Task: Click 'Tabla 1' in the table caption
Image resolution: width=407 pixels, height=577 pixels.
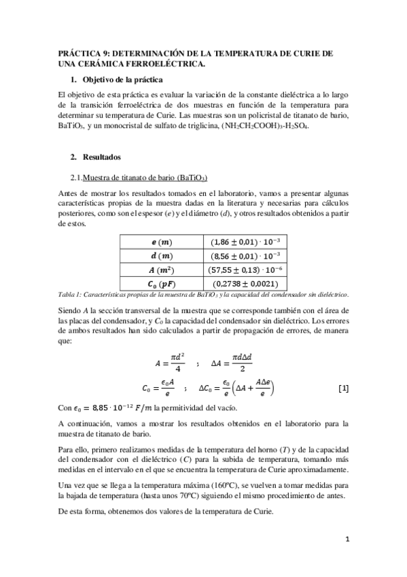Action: click(70, 294)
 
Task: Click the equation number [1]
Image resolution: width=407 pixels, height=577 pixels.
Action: click(343, 388)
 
